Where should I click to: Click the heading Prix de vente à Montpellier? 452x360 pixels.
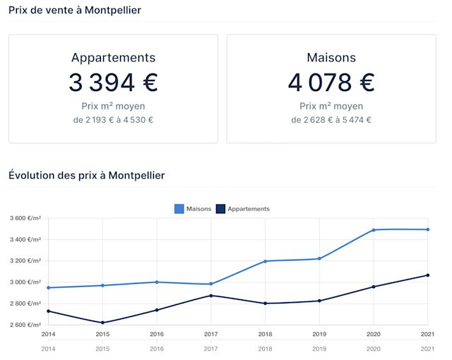(x=74, y=11)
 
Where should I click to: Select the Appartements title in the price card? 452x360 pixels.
(x=113, y=58)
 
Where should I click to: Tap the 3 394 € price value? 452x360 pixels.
(x=113, y=83)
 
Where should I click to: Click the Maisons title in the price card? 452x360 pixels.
(x=331, y=58)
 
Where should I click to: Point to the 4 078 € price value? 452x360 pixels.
(x=331, y=83)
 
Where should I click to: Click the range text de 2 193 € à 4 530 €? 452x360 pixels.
(x=113, y=120)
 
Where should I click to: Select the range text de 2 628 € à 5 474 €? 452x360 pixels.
(x=331, y=120)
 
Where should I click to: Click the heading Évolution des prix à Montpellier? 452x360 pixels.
(x=86, y=175)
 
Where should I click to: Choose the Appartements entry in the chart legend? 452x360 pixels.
(x=243, y=209)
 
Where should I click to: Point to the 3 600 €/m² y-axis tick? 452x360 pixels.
(x=25, y=218)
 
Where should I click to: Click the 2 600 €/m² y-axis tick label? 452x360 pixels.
(x=25, y=325)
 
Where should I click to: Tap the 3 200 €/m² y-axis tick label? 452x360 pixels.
(x=25, y=260)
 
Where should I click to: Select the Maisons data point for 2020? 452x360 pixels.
(x=374, y=230)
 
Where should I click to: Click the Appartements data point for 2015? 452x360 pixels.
(x=102, y=323)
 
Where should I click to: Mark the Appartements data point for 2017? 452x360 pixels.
(x=211, y=295)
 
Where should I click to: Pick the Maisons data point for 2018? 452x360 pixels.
(x=265, y=261)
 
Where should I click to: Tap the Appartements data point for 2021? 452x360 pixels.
(x=428, y=275)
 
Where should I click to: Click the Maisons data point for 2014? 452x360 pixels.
(x=48, y=287)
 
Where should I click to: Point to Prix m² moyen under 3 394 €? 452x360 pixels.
(x=113, y=106)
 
